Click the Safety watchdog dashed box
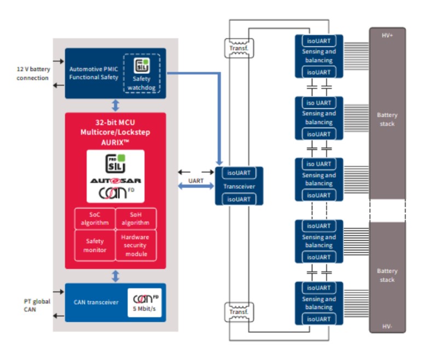[x=142, y=73]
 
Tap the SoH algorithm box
[x=136, y=218]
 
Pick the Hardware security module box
[x=136, y=245]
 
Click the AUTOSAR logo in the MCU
[x=115, y=179]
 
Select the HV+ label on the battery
[x=387, y=35]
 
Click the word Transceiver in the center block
[x=239, y=186]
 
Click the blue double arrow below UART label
[x=196, y=187]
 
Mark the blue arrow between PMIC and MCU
[x=115, y=105]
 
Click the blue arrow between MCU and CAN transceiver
[x=115, y=276]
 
